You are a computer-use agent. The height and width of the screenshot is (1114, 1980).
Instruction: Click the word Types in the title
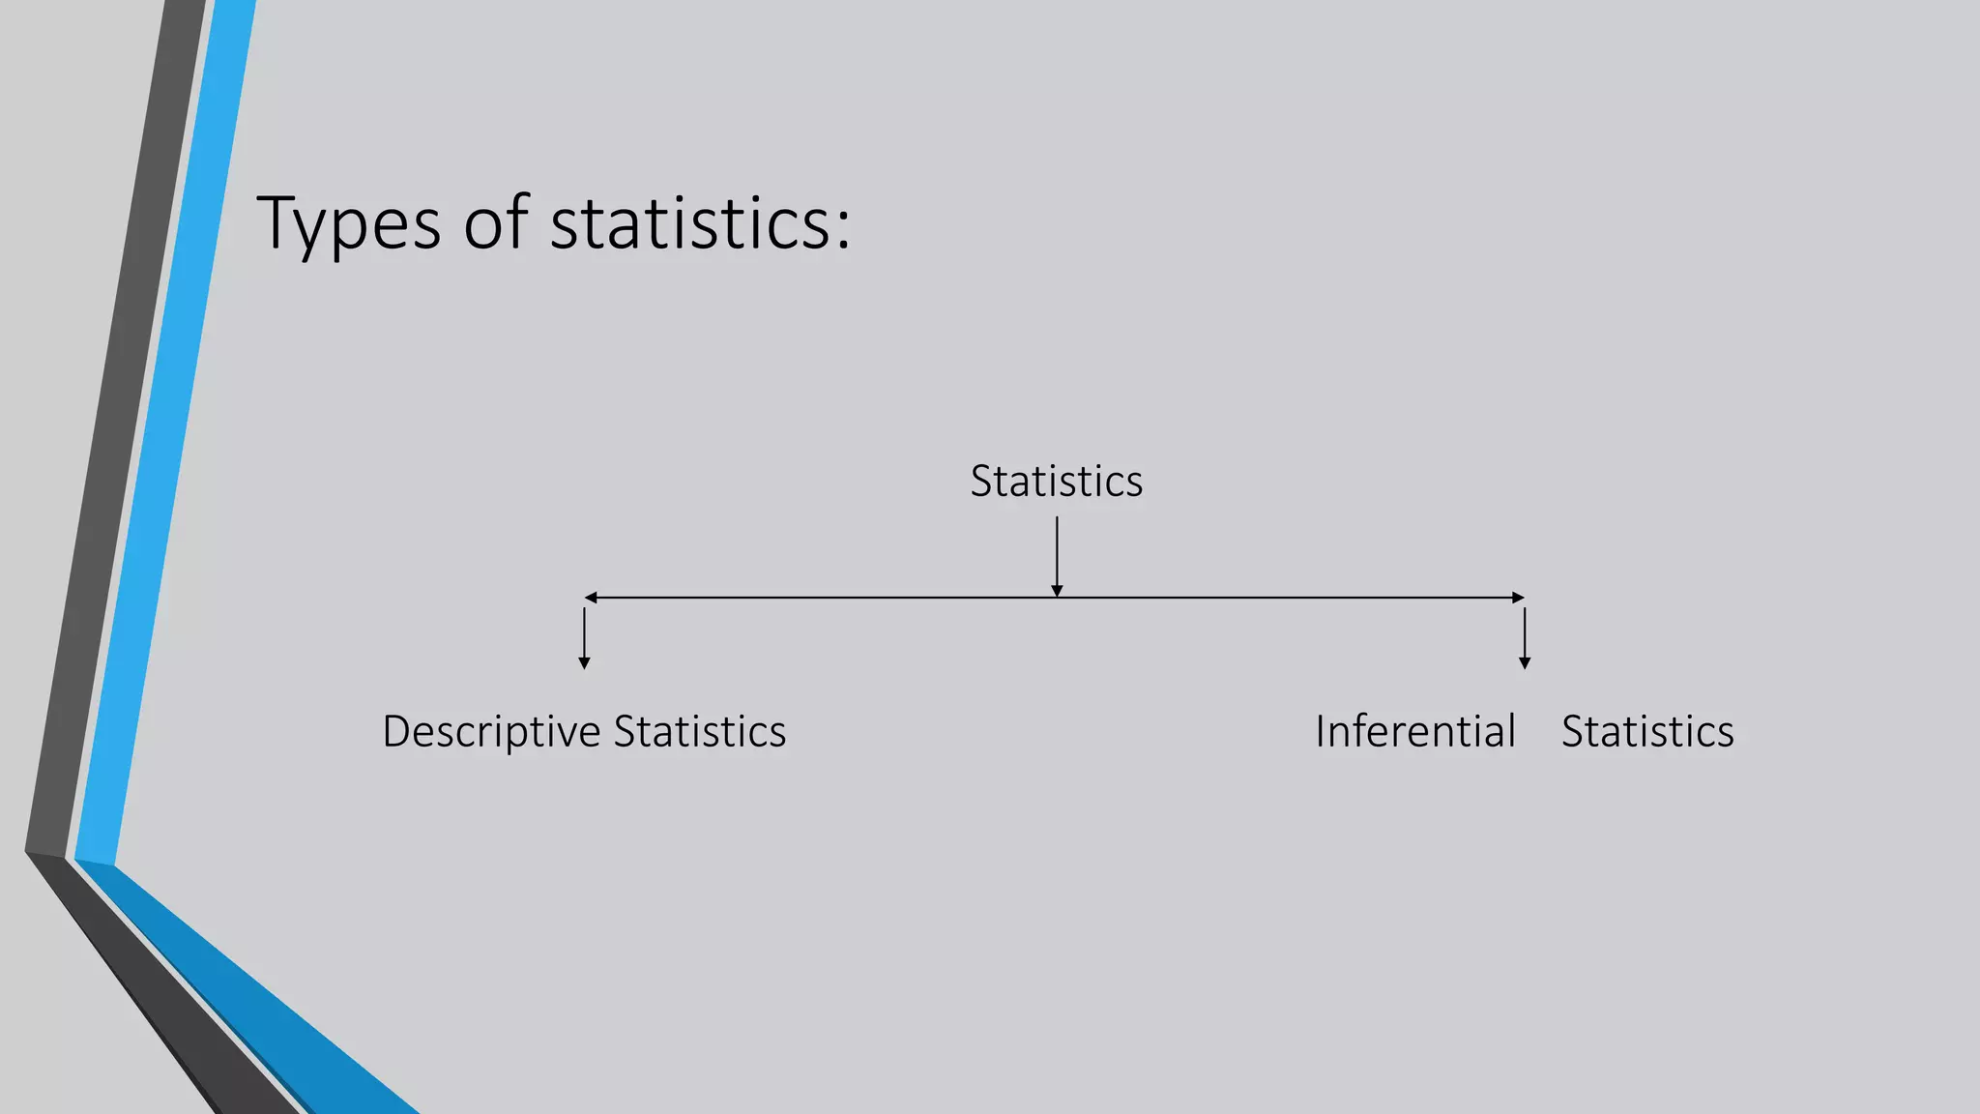pyautogui.click(x=349, y=223)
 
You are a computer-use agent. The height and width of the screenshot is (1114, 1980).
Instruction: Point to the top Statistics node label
pyautogui.click(x=1056, y=481)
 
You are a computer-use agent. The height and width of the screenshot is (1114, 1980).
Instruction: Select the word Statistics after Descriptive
pyautogui.click(x=700, y=731)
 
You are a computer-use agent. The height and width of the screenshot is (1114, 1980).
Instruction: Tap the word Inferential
pyautogui.click(x=1415, y=731)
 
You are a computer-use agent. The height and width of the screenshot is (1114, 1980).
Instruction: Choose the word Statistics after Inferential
pyautogui.click(x=1647, y=731)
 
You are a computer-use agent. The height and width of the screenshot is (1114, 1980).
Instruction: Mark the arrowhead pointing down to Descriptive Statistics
pyautogui.click(x=584, y=663)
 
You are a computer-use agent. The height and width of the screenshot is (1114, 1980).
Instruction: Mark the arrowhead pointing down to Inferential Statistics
pyautogui.click(x=1525, y=663)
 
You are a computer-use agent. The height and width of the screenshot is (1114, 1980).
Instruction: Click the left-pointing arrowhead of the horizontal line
pyautogui.click(x=591, y=598)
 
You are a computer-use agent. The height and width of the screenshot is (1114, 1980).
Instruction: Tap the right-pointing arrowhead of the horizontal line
pyautogui.click(x=1518, y=598)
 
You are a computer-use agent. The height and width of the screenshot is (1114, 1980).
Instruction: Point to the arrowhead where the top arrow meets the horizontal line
pyautogui.click(x=1057, y=591)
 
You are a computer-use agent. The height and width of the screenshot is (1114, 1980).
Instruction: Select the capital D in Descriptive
pyautogui.click(x=397, y=731)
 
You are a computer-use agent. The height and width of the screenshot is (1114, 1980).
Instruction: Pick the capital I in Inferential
pyautogui.click(x=1321, y=731)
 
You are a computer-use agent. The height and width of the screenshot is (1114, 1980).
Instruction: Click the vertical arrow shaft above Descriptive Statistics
pyautogui.click(x=584, y=633)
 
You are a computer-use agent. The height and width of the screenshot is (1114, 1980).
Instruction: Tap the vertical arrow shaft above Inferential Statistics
pyautogui.click(x=1525, y=633)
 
